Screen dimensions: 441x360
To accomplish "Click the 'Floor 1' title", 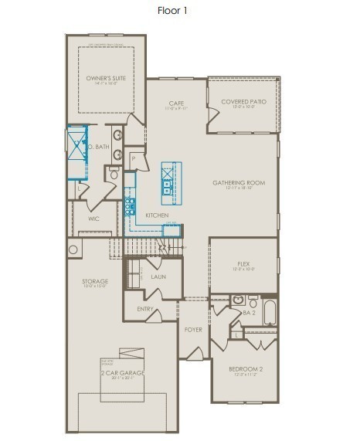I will (174, 11).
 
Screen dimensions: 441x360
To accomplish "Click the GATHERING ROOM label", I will (239, 183).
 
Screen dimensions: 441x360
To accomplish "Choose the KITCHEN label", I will (157, 215).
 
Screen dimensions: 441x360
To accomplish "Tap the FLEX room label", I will (243, 264).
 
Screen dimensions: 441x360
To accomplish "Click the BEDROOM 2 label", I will (246, 369).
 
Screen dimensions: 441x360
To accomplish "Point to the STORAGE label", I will (95, 281).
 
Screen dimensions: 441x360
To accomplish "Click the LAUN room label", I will (158, 276).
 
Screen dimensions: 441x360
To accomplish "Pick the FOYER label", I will (192, 330).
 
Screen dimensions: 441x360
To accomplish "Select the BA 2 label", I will (249, 313).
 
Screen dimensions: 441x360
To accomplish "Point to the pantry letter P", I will (133, 158).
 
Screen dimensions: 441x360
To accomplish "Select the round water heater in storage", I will (74, 249).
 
